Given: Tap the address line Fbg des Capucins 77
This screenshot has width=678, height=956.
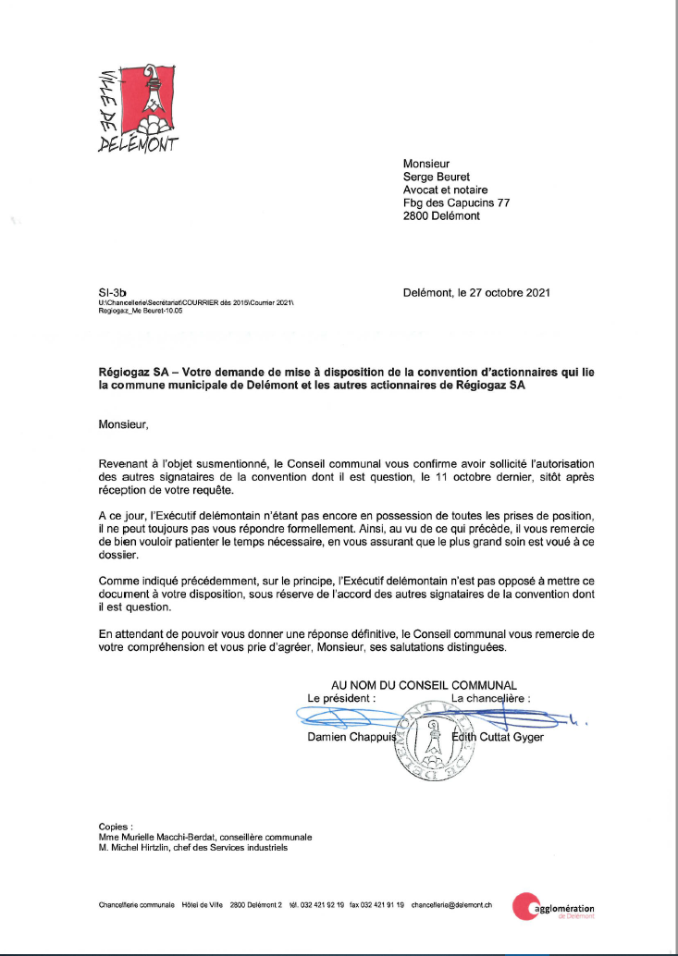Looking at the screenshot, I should pos(456,202).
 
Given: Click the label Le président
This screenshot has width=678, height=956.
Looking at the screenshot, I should pos(341,699).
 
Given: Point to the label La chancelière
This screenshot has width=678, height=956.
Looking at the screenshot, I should pos(490,699).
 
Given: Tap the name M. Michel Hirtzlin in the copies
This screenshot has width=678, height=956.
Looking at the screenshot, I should pos(138,847).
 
